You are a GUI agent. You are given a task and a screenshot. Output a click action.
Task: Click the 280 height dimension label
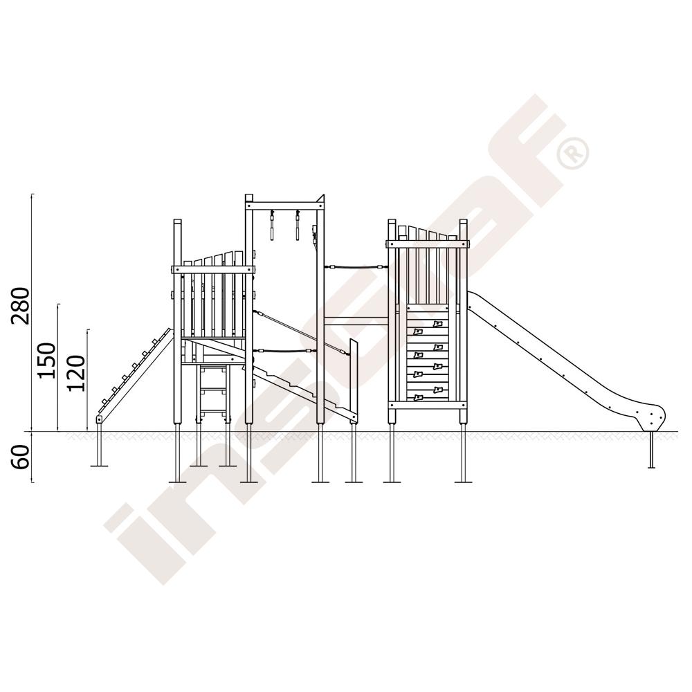point(21,305)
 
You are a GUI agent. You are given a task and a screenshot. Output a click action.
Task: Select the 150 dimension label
point(47,360)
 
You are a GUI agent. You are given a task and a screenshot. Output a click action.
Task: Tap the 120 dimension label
point(76,373)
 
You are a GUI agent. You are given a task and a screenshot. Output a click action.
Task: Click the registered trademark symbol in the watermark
point(573,154)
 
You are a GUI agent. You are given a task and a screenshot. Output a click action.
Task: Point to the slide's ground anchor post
point(651,449)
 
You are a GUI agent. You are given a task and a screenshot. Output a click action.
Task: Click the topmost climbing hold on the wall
point(437,324)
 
